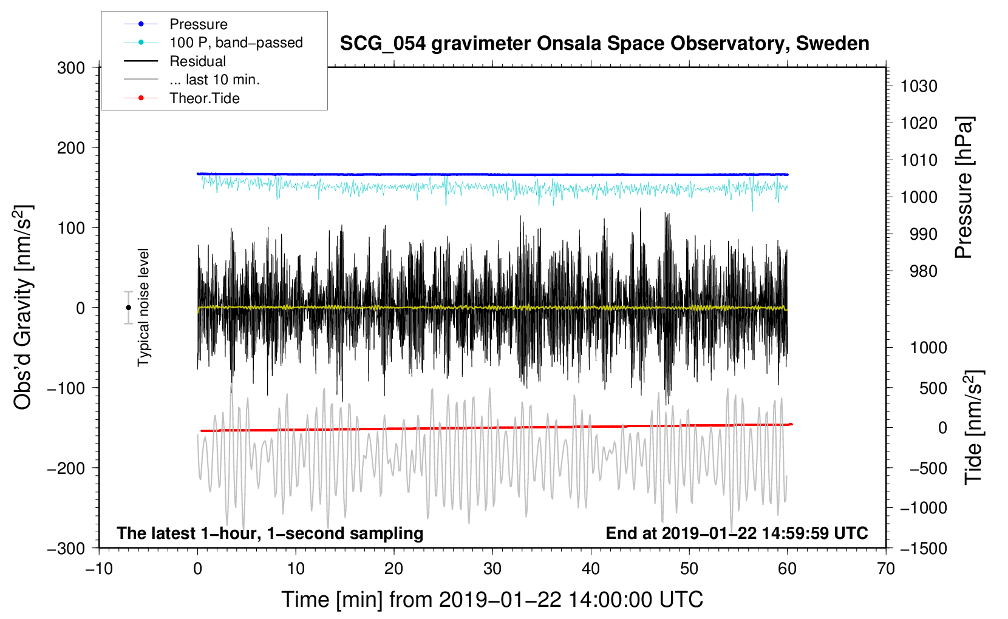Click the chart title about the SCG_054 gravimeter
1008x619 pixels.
click(604, 44)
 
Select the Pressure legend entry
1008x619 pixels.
click(199, 24)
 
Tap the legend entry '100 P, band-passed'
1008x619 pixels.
click(236, 42)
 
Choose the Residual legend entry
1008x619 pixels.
click(197, 61)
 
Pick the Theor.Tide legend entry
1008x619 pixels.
click(205, 98)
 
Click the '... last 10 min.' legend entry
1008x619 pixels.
click(214, 79)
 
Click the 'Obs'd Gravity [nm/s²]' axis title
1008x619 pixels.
click(22, 308)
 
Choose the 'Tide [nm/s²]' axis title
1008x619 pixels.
click(973, 427)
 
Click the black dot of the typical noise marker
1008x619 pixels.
click(128, 308)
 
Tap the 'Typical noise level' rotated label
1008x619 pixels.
click(143, 308)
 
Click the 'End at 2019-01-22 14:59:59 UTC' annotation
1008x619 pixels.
click(737, 533)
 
